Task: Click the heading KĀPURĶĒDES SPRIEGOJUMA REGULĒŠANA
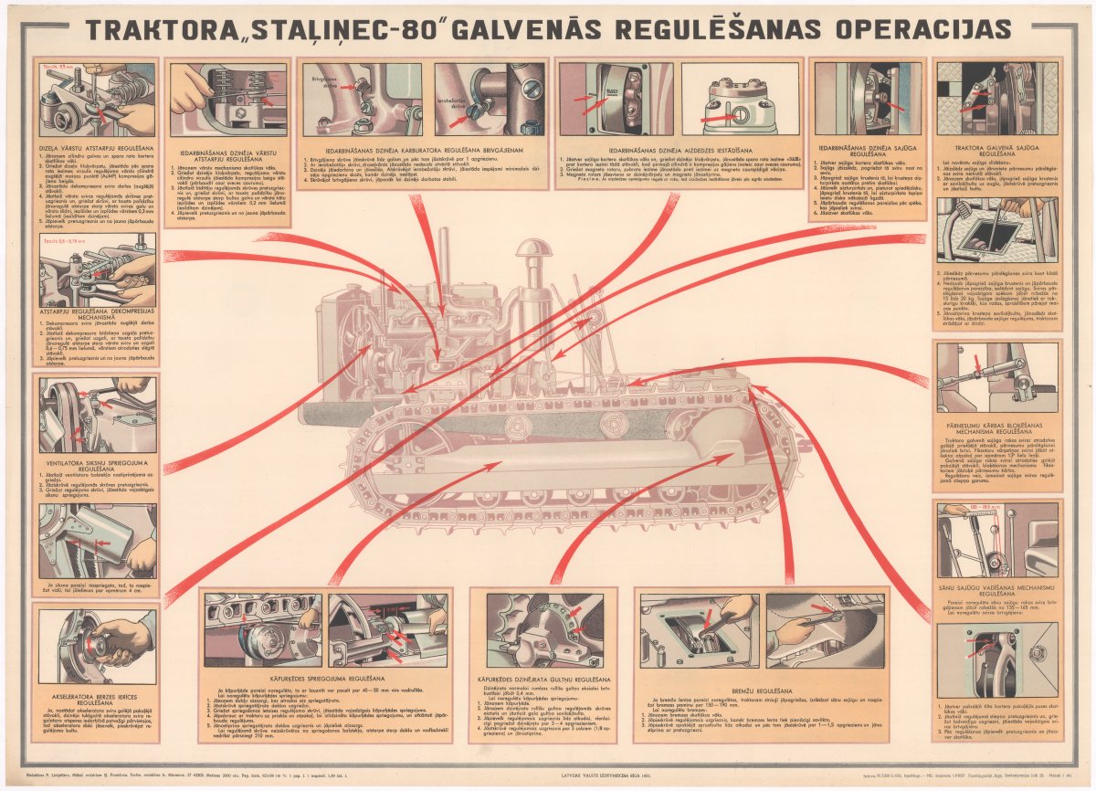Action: point(327,680)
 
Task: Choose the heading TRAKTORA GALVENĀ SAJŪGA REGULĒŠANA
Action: point(997,151)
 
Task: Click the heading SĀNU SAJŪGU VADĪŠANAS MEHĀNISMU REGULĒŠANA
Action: point(997,589)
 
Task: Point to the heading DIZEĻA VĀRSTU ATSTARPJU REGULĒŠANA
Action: point(96,146)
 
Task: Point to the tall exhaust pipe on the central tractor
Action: point(444,260)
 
